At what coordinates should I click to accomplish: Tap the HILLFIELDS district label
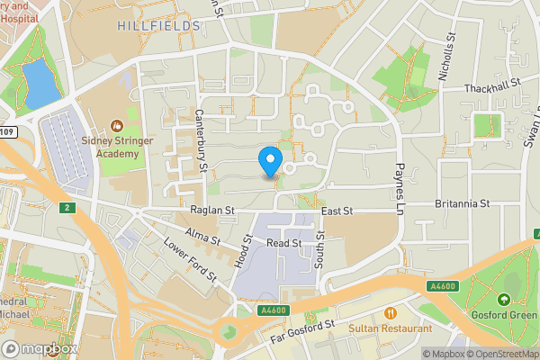point(157,26)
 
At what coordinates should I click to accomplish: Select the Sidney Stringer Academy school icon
point(115,126)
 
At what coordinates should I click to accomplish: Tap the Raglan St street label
point(211,211)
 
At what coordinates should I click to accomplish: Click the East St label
point(337,211)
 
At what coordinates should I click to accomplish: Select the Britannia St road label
point(462,203)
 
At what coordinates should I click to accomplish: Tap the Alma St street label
point(202,237)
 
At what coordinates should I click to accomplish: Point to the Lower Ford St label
point(190,261)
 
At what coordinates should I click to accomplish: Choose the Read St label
point(283,243)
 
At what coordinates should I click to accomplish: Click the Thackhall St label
point(492,88)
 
